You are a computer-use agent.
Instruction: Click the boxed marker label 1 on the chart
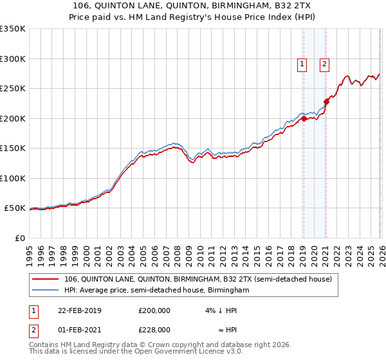click(302, 64)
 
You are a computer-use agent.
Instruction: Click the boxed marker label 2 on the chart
click(324, 64)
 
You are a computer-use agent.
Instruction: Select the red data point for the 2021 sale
click(326, 101)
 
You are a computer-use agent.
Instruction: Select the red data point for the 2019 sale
click(304, 118)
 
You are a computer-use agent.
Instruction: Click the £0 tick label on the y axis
click(19, 238)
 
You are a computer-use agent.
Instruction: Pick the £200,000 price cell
click(154, 310)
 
